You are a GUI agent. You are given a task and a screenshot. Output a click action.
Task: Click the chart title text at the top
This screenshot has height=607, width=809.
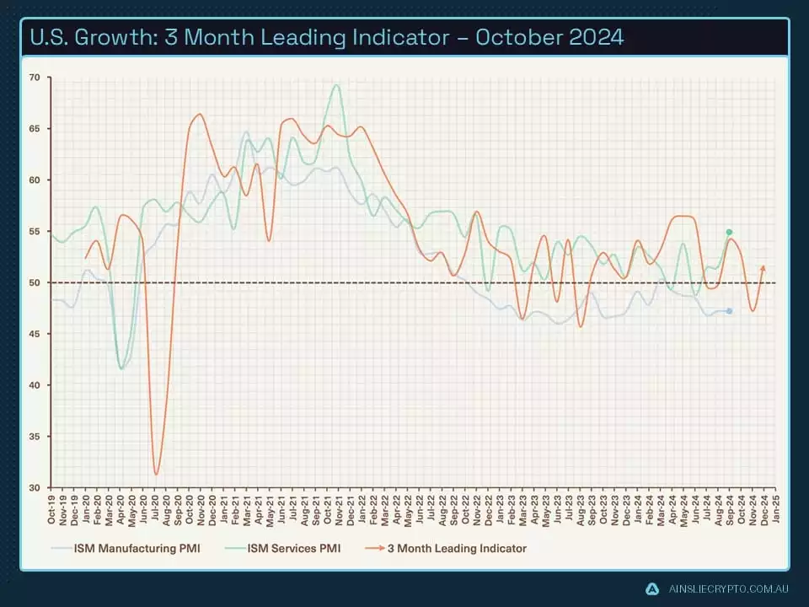coord(327,38)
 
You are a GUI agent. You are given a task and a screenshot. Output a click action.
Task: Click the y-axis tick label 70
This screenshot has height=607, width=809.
coord(35,78)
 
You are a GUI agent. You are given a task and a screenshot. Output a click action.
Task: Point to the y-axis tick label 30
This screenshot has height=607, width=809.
coord(35,488)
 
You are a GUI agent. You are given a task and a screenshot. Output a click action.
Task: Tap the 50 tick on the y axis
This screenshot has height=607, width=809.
coord(35,282)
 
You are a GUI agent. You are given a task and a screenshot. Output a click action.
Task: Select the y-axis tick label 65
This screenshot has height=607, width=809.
coord(35,129)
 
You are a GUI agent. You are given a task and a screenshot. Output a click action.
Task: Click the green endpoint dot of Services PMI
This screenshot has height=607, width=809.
coord(729,232)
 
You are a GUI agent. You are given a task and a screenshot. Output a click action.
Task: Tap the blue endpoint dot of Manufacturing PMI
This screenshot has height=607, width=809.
coord(729,311)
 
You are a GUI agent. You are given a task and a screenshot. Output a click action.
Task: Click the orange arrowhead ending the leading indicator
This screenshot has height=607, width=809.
coord(763,267)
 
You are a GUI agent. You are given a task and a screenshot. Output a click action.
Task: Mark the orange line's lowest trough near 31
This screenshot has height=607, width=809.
coord(156,474)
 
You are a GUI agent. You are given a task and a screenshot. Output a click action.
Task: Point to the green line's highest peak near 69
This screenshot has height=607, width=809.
coord(337,84)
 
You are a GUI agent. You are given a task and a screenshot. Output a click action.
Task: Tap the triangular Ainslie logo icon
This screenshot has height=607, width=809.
coord(652,588)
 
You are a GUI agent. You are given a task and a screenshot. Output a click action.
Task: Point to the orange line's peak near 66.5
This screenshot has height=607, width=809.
coord(199,114)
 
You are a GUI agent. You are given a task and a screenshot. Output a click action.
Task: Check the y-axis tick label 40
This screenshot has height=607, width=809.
coord(35,385)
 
